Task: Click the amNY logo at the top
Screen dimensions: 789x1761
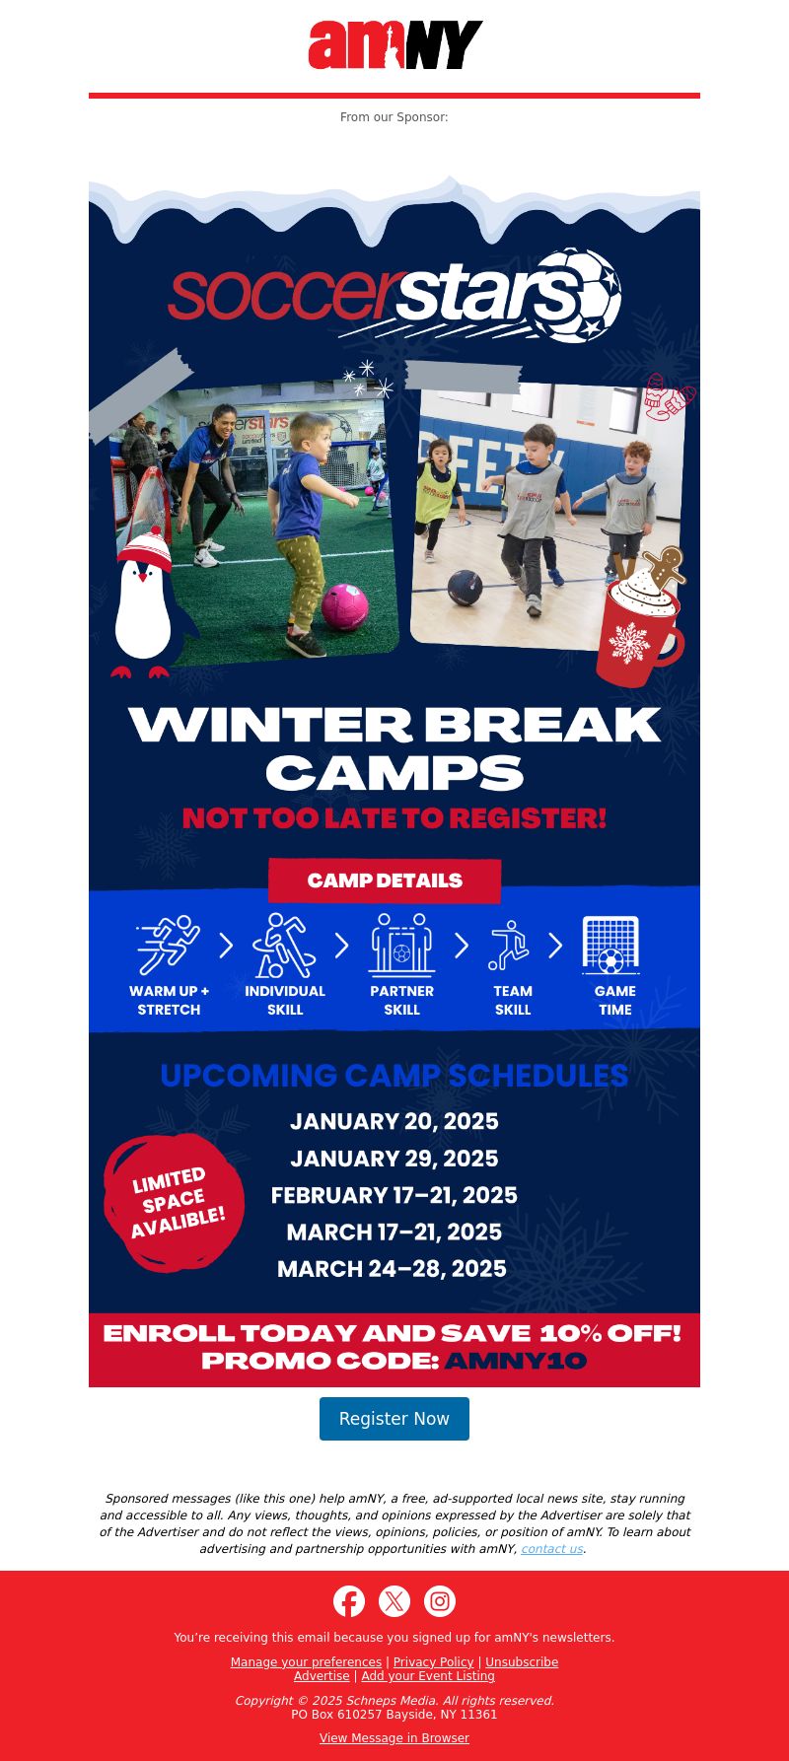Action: (x=394, y=44)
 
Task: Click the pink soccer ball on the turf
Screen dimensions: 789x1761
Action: (x=344, y=605)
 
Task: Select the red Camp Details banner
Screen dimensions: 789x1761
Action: (x=385, y=880)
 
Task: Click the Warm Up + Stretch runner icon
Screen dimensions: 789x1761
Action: (x=168, y=945)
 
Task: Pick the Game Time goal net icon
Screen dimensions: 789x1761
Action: (x=611, y=945)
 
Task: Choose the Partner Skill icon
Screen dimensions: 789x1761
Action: (x=401, y=945)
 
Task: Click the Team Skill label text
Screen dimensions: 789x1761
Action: (x=513, y=1000)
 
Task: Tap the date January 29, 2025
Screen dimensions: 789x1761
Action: (x=394, y=1159)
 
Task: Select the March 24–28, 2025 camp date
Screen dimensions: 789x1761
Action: (x=392, y=1269)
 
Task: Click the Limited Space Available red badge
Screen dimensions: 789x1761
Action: (x=175, y=1203)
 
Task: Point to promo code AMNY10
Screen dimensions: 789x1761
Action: (x=516, y=1361)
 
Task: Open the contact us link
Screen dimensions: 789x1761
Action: (x=552, y=1549)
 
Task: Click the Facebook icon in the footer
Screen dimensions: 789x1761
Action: (x=349, y=1601)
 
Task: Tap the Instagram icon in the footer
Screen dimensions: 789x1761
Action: (x=440, y=1601)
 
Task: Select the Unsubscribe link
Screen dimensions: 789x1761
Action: (x=522, y=1662)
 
